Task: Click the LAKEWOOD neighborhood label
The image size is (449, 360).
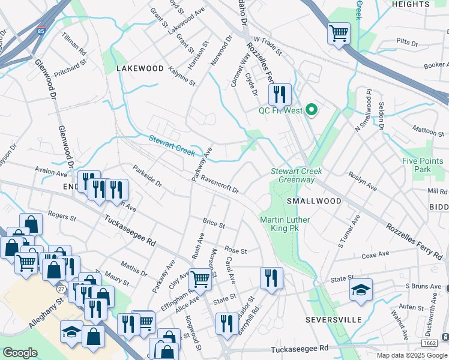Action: [139, 68]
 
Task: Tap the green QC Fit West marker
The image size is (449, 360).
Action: [311, 110]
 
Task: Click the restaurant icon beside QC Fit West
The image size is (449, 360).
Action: [279, 94]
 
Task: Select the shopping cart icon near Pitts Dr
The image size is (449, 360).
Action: [339, 32]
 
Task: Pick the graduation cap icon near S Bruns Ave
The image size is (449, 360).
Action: [361, 290]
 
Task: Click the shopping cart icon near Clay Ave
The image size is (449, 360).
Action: [200, 278]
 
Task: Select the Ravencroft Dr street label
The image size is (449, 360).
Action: [220, 184]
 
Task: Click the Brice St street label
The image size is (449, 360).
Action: [213, 224]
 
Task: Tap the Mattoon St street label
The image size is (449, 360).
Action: [428, 128]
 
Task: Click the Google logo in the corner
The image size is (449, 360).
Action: [20, 353]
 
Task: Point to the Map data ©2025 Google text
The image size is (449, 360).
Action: [412, 355]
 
